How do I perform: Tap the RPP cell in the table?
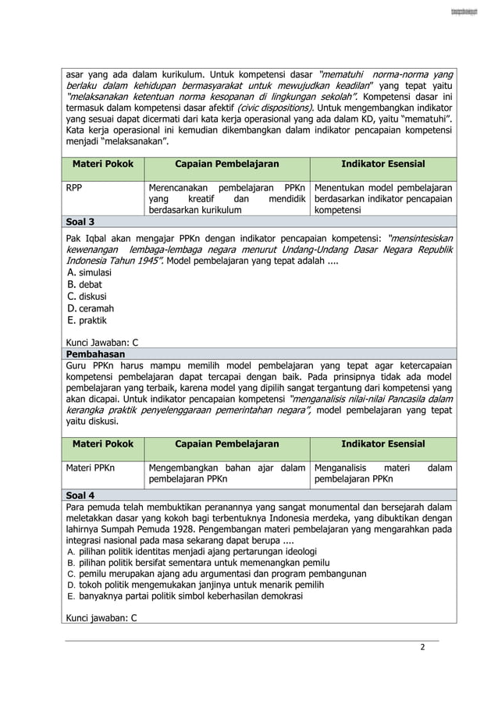click(x=74, y=188)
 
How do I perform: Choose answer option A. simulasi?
click(x=90, y=273)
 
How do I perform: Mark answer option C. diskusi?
click(x=87, y=297)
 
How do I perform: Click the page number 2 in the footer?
click(x=422, y=647)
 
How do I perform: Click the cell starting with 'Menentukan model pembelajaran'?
click(x=382, y=199)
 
